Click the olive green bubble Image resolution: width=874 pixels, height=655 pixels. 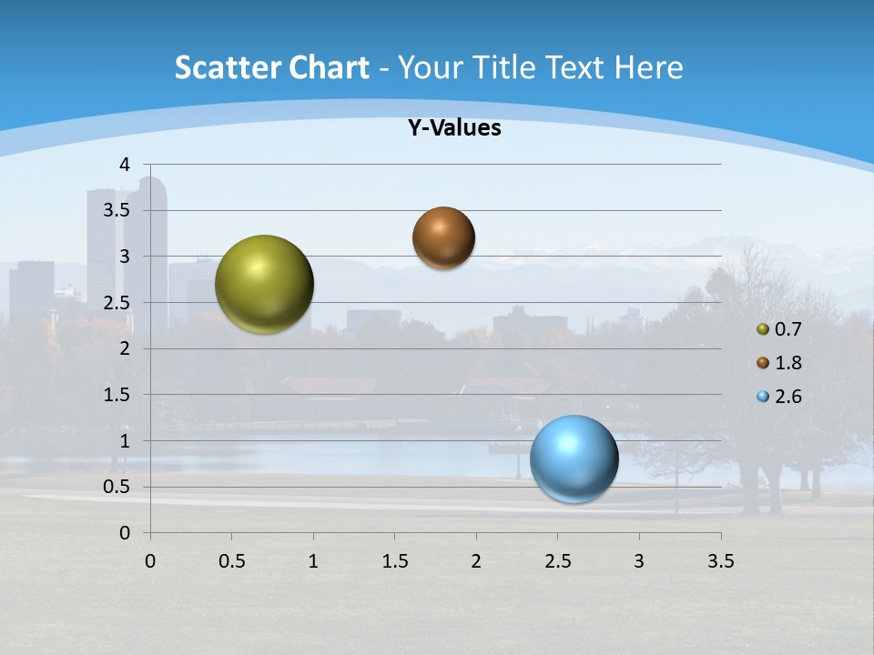(x=265, y=284)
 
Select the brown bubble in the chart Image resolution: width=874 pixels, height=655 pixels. (x=443, y=237)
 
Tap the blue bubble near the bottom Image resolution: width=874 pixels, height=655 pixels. (x=574, y=458)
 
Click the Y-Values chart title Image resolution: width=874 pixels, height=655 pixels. (x=454, y=128)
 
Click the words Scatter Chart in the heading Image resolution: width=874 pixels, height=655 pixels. (x=271, y=67)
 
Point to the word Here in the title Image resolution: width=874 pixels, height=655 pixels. (x=648, y=67)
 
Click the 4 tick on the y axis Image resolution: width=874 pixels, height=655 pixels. (x=125, y=165)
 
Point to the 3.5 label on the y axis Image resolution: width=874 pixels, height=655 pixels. (x=117, y=210)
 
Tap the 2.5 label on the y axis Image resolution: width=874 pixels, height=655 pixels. (x=117, y=302)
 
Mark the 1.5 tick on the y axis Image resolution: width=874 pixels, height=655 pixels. (x=117, y=395)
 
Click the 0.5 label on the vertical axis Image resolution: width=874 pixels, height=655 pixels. (x=117, y=487)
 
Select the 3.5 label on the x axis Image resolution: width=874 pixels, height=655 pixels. (x=720, y=561)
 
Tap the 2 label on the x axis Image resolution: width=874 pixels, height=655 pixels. (x=476, y=561)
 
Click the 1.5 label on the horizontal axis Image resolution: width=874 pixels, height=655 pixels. (x=394, y=561)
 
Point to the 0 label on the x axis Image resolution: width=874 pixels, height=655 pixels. (x=150, y=561)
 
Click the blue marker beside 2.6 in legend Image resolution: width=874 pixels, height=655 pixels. (x=763, y=397)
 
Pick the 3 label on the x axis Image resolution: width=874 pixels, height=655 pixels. (x=639, y=561)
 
